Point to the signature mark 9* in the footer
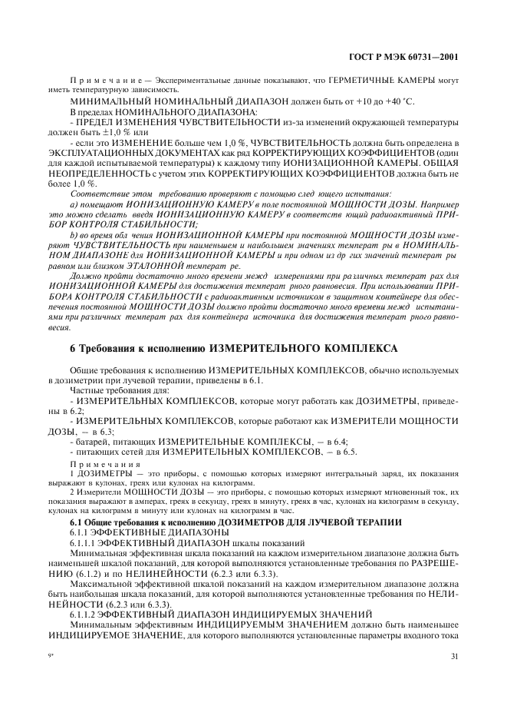click(x=51, y=655)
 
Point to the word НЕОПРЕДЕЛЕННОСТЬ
click(x=96, y=173)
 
